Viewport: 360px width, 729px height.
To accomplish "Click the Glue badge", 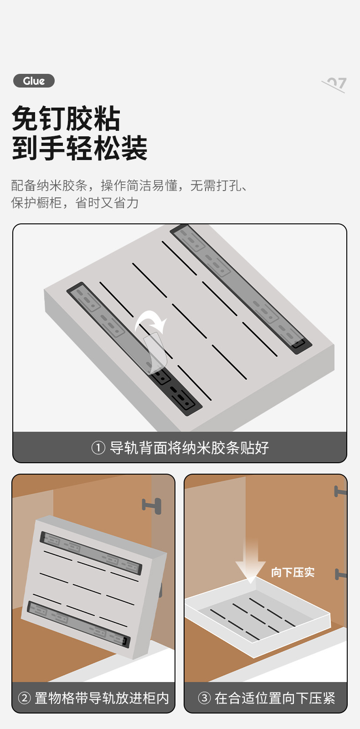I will point(34,81).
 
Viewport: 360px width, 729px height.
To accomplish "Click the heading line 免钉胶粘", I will point(66,119).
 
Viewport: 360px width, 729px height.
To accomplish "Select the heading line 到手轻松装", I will point(80,148).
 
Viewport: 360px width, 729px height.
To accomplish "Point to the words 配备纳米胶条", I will point(49,186).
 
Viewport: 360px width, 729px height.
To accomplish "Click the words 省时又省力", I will point(107,203).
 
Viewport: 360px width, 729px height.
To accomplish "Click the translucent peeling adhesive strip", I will point(155,351).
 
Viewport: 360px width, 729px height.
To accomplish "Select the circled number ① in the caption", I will point(98,448).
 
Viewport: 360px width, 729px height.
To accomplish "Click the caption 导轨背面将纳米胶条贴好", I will point(189,448).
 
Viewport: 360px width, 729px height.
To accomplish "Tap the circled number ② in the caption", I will point(24,698).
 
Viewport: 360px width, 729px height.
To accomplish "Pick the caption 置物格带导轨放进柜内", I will point(102,698).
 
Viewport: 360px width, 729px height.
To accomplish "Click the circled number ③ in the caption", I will point(205,698).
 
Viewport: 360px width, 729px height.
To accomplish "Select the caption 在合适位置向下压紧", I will point(275,698).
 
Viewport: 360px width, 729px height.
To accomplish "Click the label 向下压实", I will point(293,572).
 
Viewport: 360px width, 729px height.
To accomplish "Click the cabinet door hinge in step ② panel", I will point(152,505).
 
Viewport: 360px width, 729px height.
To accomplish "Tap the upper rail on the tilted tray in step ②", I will point(91,553).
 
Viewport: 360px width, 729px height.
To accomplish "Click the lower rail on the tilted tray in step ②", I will point(78,624).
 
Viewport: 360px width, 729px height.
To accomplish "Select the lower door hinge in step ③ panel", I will point(340,574).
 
